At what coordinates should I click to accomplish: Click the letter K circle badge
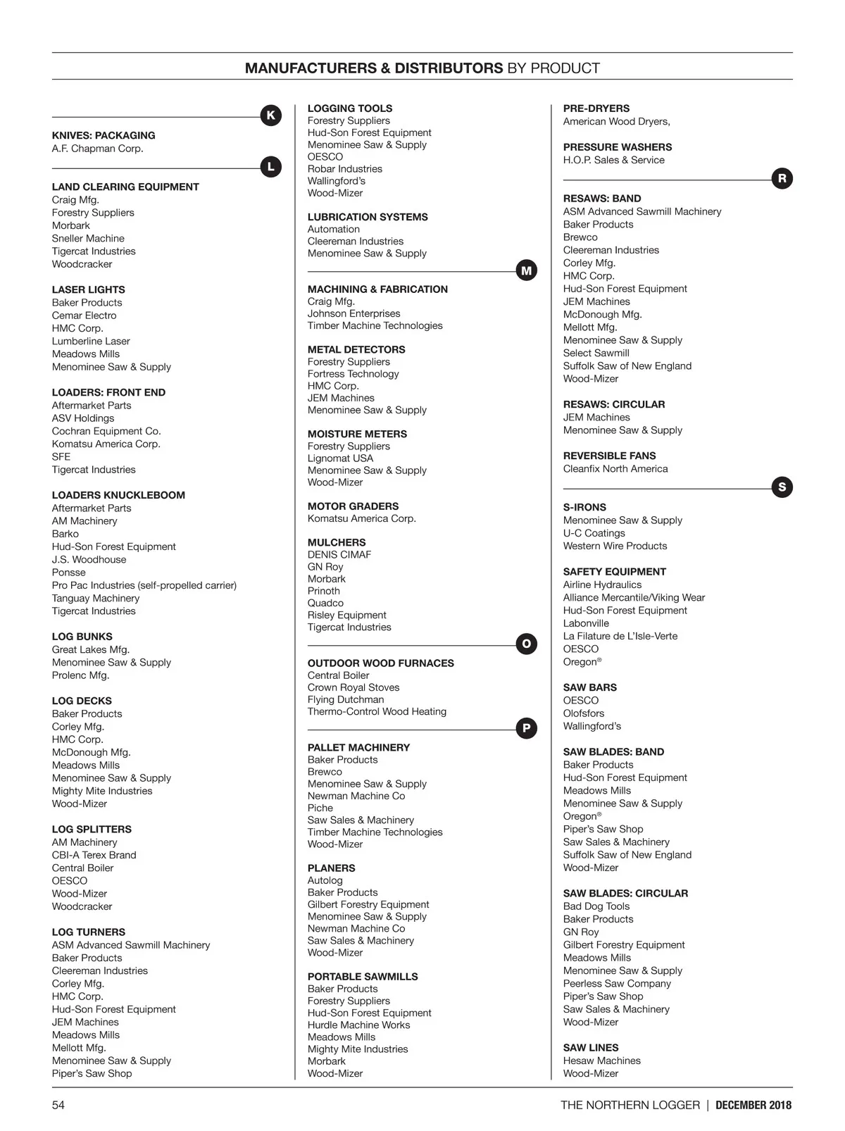[x=270, y=115]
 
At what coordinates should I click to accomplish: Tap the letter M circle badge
[x=526, y=270]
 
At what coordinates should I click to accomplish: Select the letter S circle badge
[x=782, y=487]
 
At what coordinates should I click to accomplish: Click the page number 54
[x=58, y=1105]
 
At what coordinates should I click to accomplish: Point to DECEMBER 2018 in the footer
[x=753, y=1105]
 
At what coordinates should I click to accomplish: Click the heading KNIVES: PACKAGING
[x=104, y=135]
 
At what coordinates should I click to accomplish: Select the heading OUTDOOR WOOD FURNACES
[x=380, y=663]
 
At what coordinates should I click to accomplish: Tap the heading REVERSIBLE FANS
[x=609, y=456]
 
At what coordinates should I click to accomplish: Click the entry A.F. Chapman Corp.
[x=97, y=149]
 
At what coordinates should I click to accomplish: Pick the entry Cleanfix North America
[x=615, y=469]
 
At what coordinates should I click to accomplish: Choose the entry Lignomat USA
[x=340, y=458]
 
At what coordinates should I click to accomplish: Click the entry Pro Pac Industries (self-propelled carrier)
[x=144, y=585]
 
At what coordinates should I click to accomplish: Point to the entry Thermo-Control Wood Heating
[x=377, y=711]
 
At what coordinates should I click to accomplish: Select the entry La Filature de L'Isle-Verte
[x=620, y=636]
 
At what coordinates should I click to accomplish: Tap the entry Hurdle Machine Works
[x=358, y=1025]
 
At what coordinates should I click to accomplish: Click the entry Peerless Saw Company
[x=617, y=983]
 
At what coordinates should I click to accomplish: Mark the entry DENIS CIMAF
[x=339, y=555]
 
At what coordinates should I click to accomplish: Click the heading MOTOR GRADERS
[x=353, y=506]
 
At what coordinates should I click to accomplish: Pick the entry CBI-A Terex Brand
[x=94, y=855]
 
